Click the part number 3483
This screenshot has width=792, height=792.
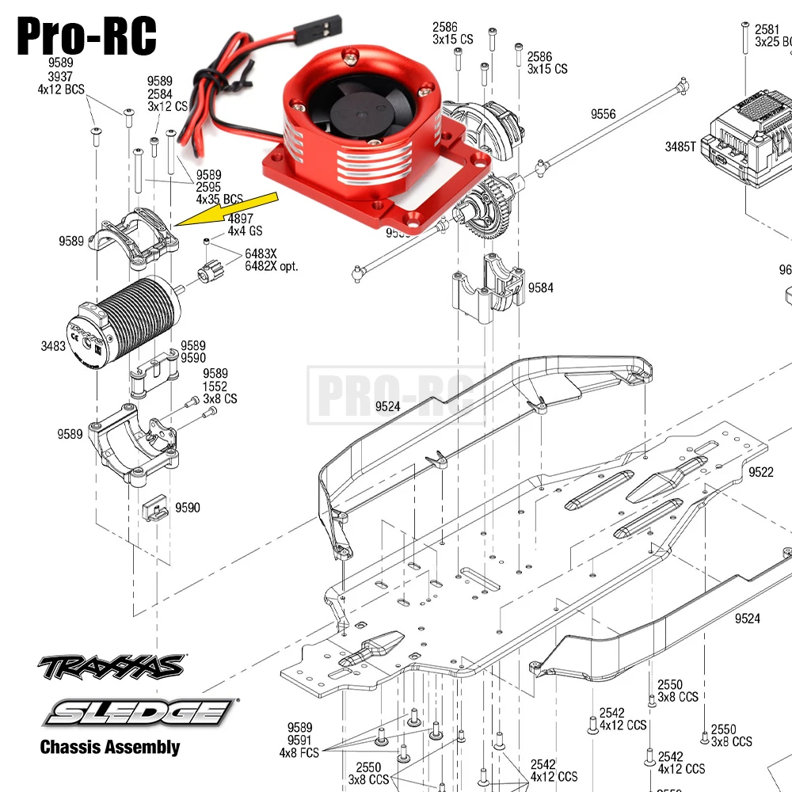point(53,346)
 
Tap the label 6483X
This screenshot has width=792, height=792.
point(261,253)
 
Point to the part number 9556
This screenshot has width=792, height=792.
point(603,115)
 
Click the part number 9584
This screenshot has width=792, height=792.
point(541,287)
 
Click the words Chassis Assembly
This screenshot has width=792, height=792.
point(110,747)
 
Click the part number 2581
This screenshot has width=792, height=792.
point(767,29)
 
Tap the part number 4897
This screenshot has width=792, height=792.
point(241,219)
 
